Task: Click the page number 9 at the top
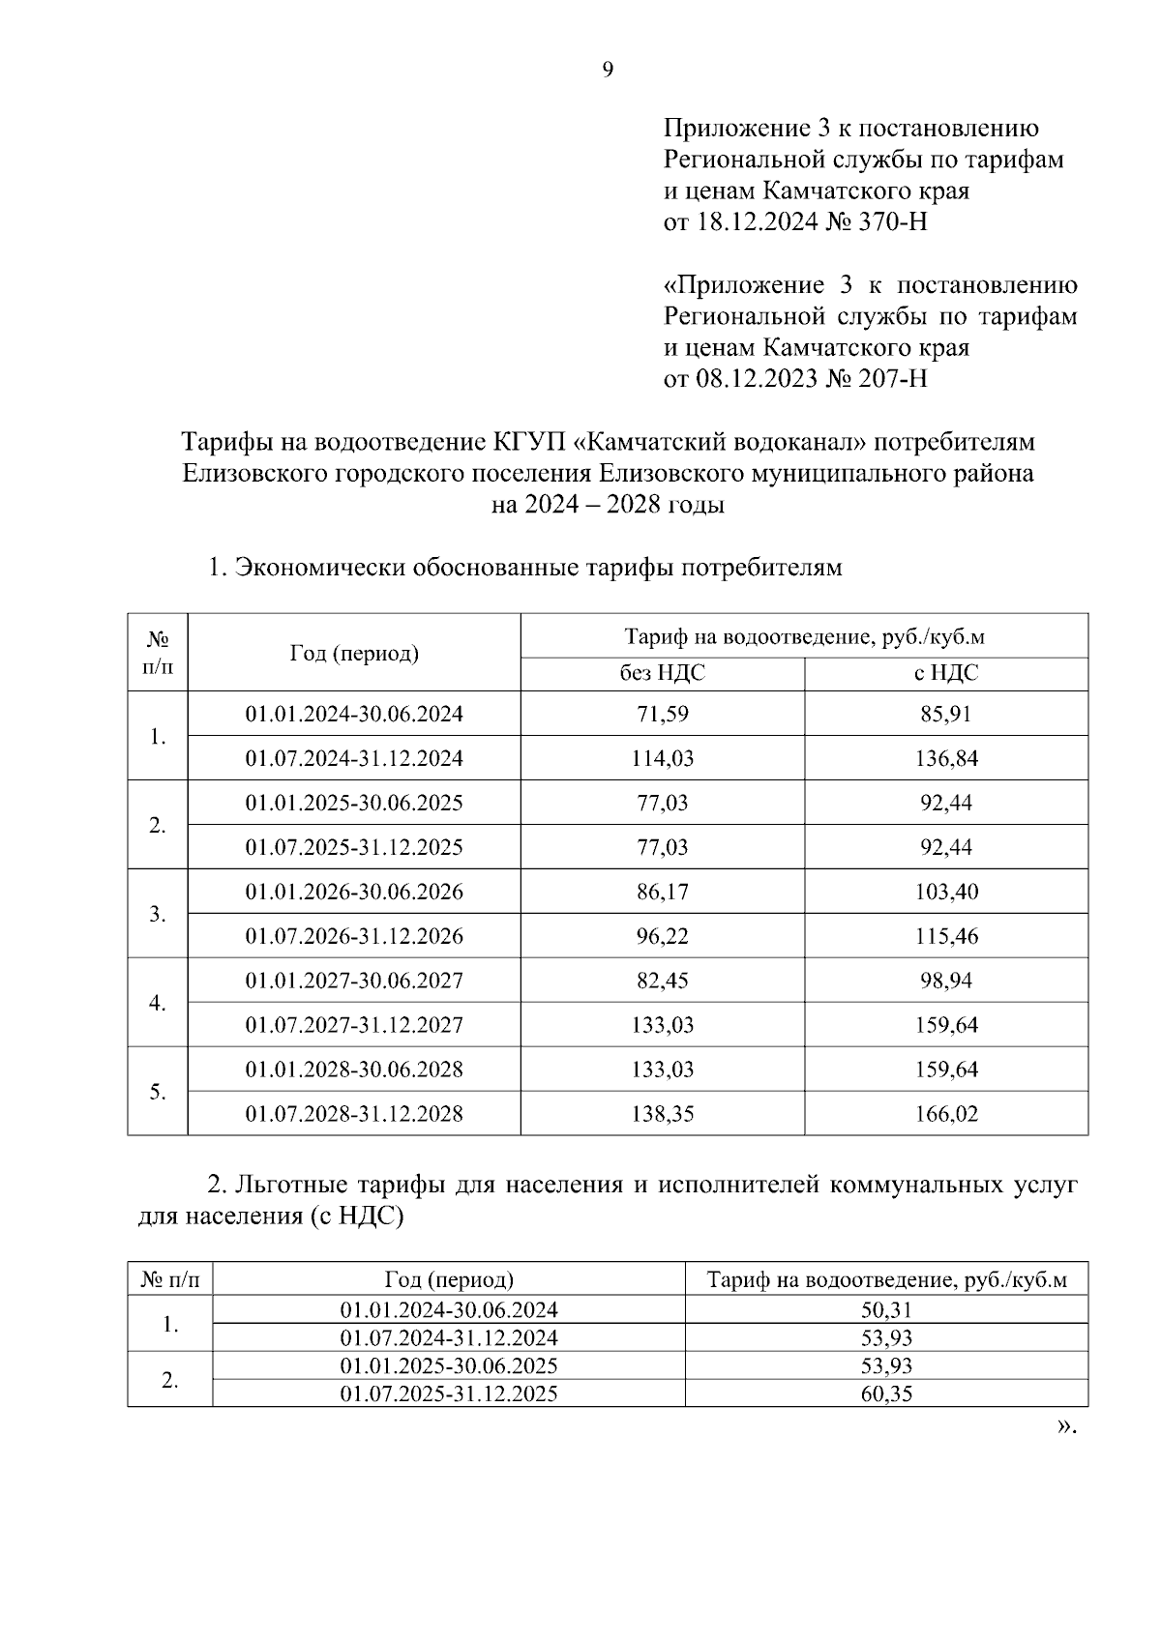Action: [x=608, y=70]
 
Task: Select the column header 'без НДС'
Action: [x=662, y=674]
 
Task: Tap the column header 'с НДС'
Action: [x=946, y=674]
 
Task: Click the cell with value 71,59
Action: [x=662, y=715]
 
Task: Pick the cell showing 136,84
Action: [x=946, y=759]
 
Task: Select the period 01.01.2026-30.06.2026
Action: [x=354, y=892]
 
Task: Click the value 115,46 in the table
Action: [x=946, y=936]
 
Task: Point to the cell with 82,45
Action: [x=662, y=981]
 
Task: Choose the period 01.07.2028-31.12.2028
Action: [x=354, y=1114]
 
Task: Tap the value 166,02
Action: [x=946, y=1114]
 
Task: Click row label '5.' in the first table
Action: [x=158, y=1093]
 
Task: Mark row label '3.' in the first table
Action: [x=158, y=915]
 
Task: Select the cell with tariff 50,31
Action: [x=886, y=1310]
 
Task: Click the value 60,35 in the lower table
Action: [x=886, y=1394]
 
